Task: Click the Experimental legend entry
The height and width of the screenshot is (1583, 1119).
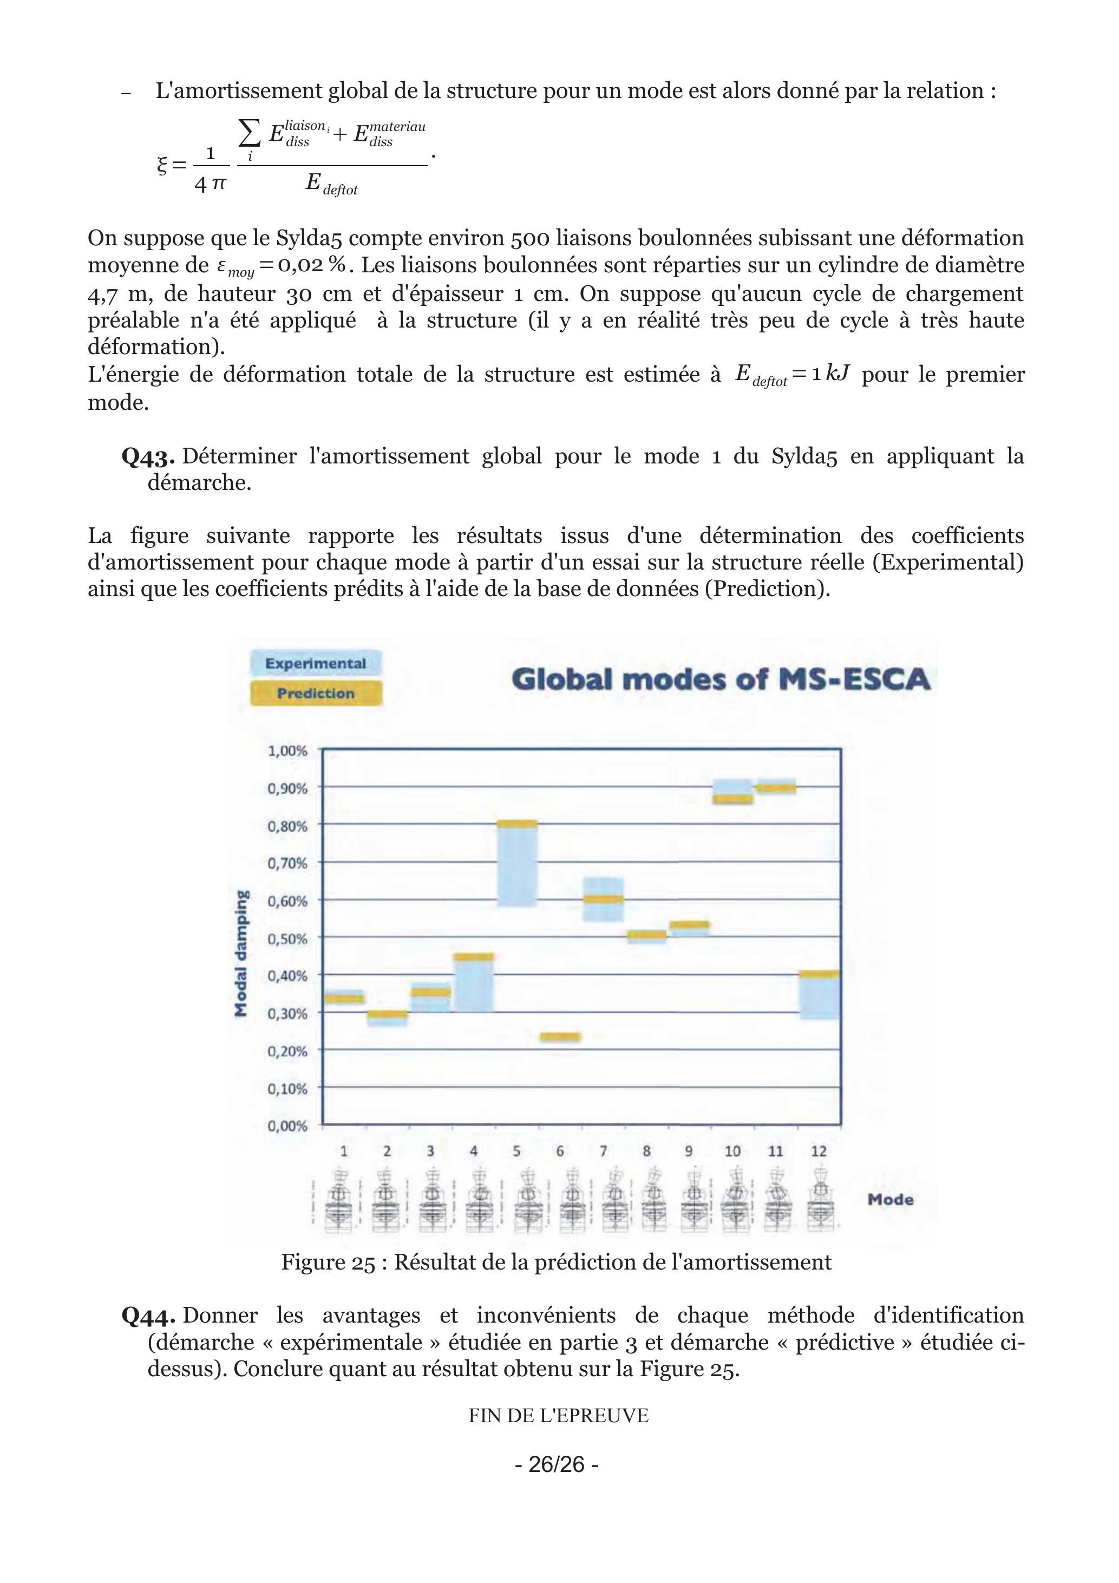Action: (x=316, y=663)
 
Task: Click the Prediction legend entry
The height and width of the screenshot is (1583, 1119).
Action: (x=316, y=694)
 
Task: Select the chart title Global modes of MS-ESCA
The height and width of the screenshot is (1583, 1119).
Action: (x=721, y=680)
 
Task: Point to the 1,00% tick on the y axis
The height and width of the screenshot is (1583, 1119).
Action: (x=287, y=750)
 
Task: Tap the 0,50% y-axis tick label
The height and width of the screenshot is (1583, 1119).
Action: (x=287, y=938)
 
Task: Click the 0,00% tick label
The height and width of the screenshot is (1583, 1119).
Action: (x=287, y=1127)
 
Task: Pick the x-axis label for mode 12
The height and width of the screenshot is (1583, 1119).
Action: (x=819, y=1151)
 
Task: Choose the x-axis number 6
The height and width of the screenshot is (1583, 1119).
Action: (x=560, y=1151)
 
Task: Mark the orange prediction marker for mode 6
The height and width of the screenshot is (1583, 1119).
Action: (x=560, y=1037)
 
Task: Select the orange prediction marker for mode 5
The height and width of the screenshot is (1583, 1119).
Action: (x=517, y=824)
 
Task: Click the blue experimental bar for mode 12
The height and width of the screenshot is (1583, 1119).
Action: (x=819, y=998)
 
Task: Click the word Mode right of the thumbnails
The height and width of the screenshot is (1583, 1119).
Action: (x=890, y=1200)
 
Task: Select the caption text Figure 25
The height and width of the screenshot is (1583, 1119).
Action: (x=328, y=1262)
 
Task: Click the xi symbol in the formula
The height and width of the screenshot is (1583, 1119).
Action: (x=162, y=164)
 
